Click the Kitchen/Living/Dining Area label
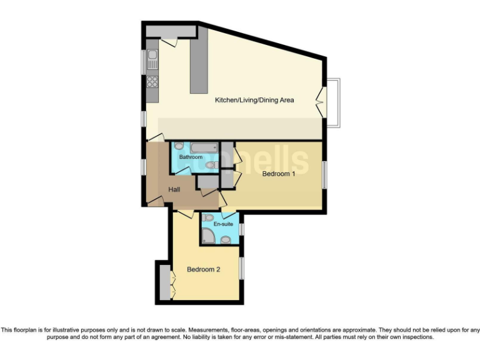254,100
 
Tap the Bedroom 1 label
278,174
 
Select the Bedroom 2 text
204,270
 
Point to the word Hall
175,189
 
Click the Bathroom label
191,157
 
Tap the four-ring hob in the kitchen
152,81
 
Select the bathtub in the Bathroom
204,147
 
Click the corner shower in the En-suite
208,236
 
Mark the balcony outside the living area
334,102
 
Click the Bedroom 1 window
324,174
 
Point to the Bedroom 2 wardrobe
165,283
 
